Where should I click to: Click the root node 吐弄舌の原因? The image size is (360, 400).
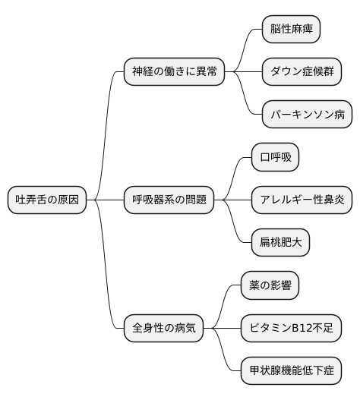[47, 200]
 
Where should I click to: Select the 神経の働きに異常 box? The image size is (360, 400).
[175, 72]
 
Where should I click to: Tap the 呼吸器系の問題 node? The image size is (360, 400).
[169, 200]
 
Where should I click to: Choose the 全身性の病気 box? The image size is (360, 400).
[164, 329]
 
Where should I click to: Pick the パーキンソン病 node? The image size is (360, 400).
[307, 115]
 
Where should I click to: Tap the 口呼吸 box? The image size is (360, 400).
[275, 158]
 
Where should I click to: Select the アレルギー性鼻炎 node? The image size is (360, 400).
[302, 200]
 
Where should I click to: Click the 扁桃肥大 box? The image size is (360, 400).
[280, 243]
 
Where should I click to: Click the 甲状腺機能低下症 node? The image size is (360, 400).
[291, 371]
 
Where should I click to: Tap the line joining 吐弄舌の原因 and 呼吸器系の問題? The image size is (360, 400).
[106, 200]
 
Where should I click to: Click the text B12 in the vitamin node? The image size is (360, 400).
[300, 329]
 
